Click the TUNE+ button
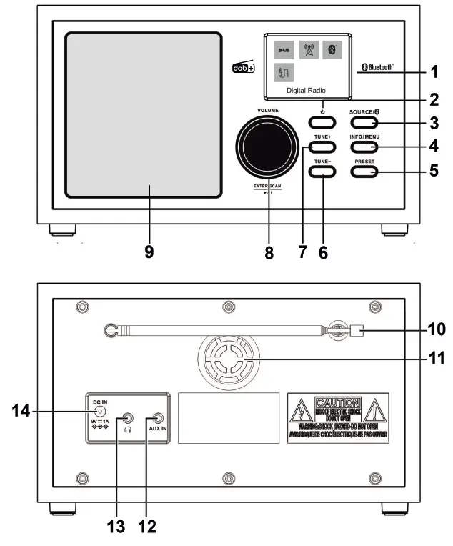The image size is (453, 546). pyautogui.click(x=322, y=147)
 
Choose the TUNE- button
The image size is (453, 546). pyautogui.click(x=322, y=172)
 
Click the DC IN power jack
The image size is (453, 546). pyautogui.click(x=101, y=411)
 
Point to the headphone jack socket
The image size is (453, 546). pyautogui.click(x=129, y=419)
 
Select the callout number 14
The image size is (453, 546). pyautogui.click(x=23, y=411)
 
